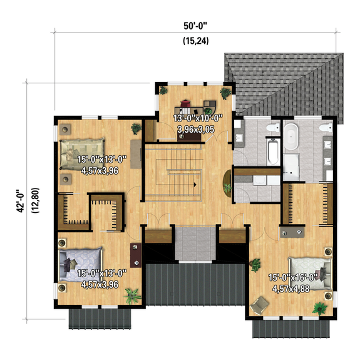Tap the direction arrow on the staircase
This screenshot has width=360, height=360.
pos(195,184)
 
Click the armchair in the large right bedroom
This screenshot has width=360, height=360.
pos(258,305)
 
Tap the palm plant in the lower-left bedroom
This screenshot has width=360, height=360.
pos(131,294)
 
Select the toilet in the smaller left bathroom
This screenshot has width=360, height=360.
pos(270,129)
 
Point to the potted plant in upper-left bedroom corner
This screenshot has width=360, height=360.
pos(135,128)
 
